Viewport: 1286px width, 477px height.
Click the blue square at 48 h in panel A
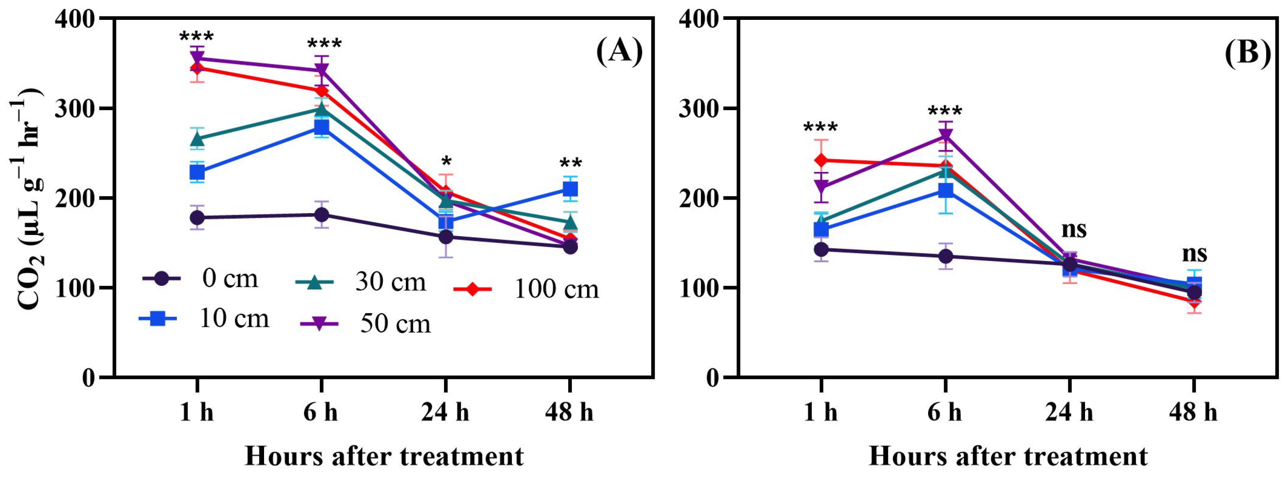click(x=570, y=189)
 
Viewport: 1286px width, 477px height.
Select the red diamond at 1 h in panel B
click(x=821, y=160)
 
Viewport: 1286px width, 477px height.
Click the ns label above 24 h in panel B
click(x=1073, y=230)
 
